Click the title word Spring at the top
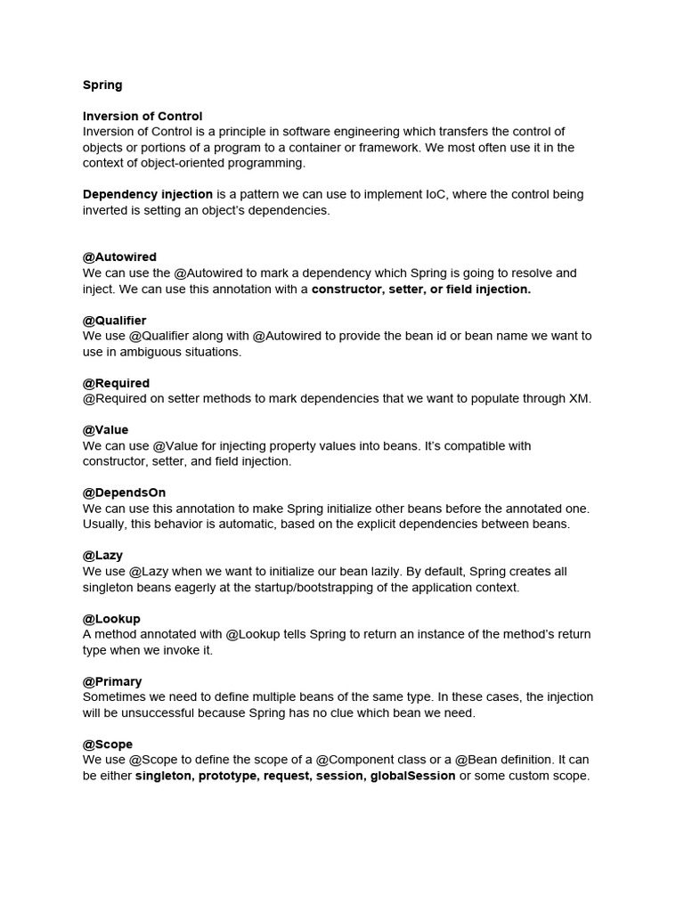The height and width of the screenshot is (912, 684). (102, 85)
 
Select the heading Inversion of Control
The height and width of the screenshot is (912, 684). (142, 117)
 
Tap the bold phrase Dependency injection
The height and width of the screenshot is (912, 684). (148, 194)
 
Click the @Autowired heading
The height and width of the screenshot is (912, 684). (119, 257)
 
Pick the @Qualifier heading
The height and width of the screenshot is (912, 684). (115, 321)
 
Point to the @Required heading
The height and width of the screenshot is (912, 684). (117, 384)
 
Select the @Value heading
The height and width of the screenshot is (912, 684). (106, 430)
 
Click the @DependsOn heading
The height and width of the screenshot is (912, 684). (125, 493)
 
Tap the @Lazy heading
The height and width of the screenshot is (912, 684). (103, 556)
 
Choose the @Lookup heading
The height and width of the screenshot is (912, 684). (111, 619)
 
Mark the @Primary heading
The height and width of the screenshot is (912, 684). (112, 682)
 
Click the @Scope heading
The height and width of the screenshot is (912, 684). (108, 745)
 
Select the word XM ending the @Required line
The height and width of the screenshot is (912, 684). (580, 399)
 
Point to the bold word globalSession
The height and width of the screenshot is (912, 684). (411, 777)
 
